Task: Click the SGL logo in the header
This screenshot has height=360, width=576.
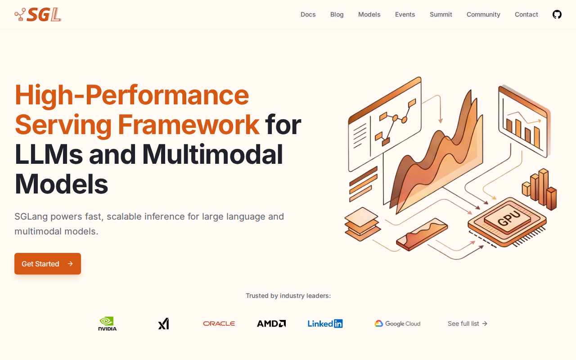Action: click(38, 14)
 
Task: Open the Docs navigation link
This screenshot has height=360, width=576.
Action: click(308, 14)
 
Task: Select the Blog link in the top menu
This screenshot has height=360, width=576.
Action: click(337, 15)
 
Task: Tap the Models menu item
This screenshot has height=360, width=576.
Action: click(369, 14)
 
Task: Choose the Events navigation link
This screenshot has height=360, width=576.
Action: click(405, 14)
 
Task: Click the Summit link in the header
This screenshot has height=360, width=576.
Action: click(441, 14)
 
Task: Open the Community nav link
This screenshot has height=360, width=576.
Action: click(483, 15)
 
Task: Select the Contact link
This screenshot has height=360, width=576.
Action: click(526, 14)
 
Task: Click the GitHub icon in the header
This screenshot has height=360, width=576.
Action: click(557, 14)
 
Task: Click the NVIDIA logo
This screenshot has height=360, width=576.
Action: click(108, 324)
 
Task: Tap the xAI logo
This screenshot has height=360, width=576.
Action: click(163, 324)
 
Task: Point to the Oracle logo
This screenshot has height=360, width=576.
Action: click(219, 324)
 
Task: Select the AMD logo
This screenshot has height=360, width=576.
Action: click(271, 324)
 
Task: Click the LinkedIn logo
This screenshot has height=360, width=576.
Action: click(325, 324)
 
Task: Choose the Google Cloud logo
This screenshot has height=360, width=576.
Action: click(397, 324)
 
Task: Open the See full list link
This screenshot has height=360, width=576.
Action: click(468, 324)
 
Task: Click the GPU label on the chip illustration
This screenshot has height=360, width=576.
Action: click(509, 218)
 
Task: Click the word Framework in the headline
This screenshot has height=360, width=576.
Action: click(189, 125)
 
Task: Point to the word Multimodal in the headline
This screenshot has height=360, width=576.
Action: click(212, 154)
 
